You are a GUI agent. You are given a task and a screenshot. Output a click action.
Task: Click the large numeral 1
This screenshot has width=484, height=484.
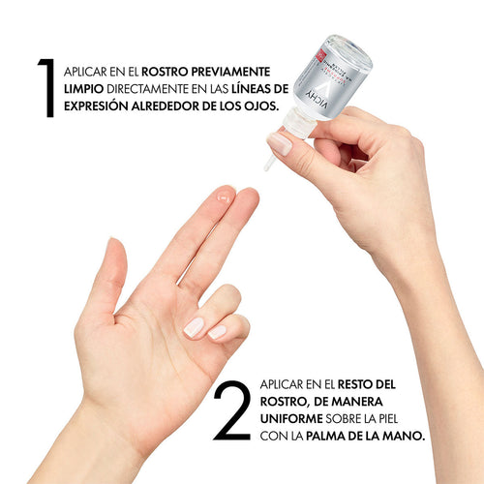click(47, 88)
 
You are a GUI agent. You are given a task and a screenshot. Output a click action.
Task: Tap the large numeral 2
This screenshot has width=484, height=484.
click(232, 410)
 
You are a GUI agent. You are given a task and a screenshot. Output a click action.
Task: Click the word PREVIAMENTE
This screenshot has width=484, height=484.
click(230, 72)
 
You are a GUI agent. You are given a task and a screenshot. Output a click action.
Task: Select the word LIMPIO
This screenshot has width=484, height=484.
click(83, 89)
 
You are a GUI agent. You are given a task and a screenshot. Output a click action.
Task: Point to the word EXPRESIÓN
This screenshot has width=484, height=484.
click(96, 106)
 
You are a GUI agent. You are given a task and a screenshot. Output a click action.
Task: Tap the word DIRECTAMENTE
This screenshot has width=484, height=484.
click(147, 89)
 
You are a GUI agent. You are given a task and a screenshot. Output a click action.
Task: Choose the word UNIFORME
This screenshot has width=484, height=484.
click(291, 419)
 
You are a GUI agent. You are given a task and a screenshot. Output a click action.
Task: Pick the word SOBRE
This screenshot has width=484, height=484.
click(344, 419)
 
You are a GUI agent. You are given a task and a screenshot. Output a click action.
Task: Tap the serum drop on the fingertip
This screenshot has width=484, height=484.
click(224, 197)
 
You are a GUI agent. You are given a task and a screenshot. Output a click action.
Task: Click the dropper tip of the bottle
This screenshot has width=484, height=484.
click(268, 165)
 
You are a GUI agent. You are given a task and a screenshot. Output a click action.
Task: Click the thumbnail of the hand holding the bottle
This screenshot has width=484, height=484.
click(280, 143)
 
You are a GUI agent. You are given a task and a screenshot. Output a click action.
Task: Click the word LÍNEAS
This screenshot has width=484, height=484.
click(250, 88)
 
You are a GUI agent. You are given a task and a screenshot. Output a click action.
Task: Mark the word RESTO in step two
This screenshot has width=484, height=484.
click(354, 384)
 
